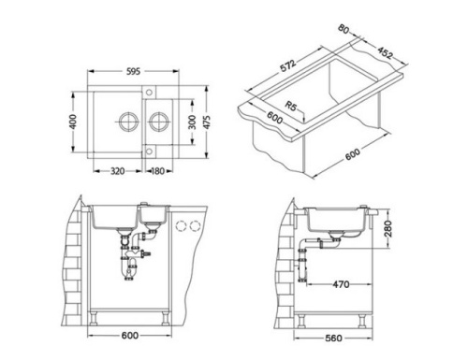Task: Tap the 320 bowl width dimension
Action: (x=118, y=172)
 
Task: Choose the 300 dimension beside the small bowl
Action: (x=191, y=123)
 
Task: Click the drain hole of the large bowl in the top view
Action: (x=125, y=122)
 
